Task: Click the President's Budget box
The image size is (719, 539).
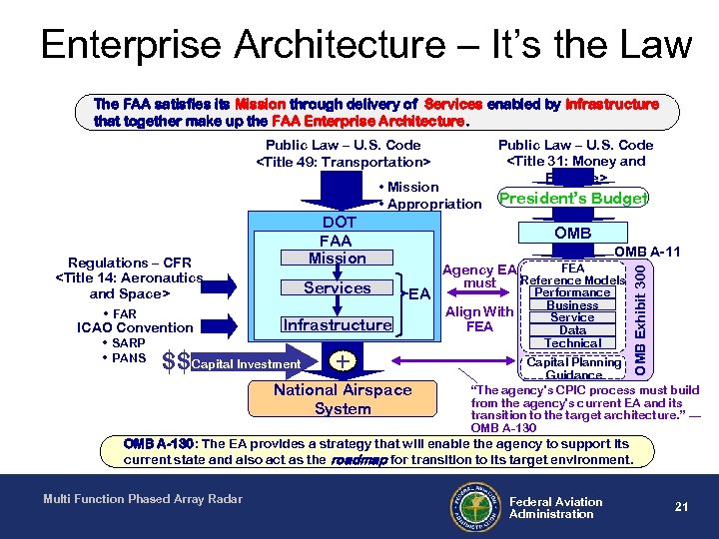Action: pos(572,198)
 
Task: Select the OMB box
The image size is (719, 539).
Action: pos(572,233)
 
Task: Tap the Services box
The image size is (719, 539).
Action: pos(337,287)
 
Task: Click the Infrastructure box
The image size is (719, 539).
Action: pos(337,324)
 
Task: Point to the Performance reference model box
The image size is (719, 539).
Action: pos(572,292)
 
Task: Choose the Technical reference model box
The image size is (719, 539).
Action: pos(572,342)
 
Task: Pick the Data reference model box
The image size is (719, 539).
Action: pos(572,330)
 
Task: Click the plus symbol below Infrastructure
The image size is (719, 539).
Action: pos(343,361)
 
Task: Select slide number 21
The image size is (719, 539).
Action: pos(682,507)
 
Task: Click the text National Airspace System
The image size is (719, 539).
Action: pos(343,399)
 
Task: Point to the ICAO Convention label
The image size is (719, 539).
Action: pos(135,327)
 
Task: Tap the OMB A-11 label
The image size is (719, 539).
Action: pos(647,252)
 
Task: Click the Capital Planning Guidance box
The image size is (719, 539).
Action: pos(573,368)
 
